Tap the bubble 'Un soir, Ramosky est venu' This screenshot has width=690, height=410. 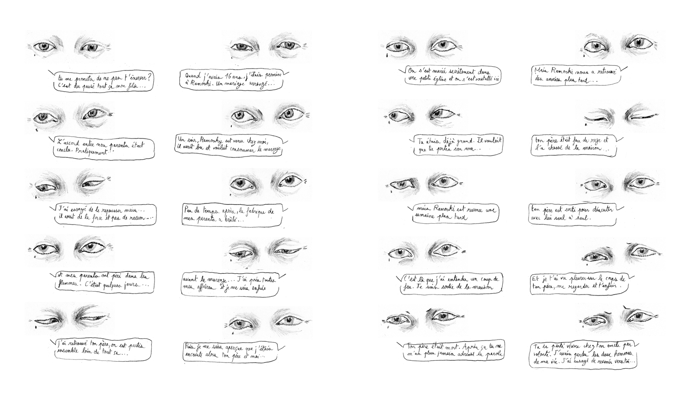229,145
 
